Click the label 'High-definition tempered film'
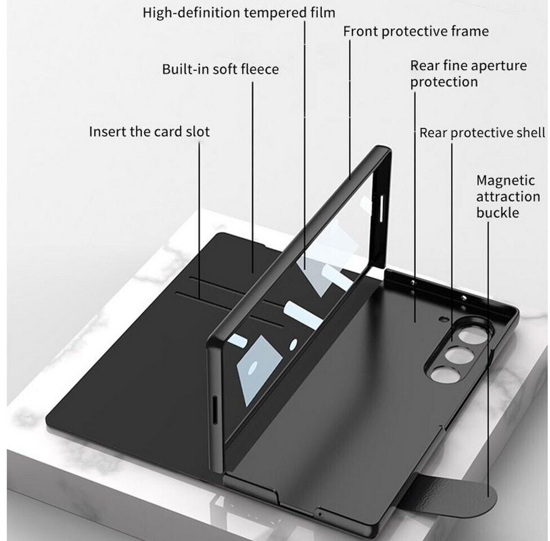pos(239,12)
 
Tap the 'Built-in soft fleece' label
pos(220,69)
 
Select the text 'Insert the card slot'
pos(149,132)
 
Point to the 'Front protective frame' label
pos(416,31)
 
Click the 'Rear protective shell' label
pos(482,133)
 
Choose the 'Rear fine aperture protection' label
pos(468,73)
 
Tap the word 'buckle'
pos(498,212)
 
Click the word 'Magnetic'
pos(505,181)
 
